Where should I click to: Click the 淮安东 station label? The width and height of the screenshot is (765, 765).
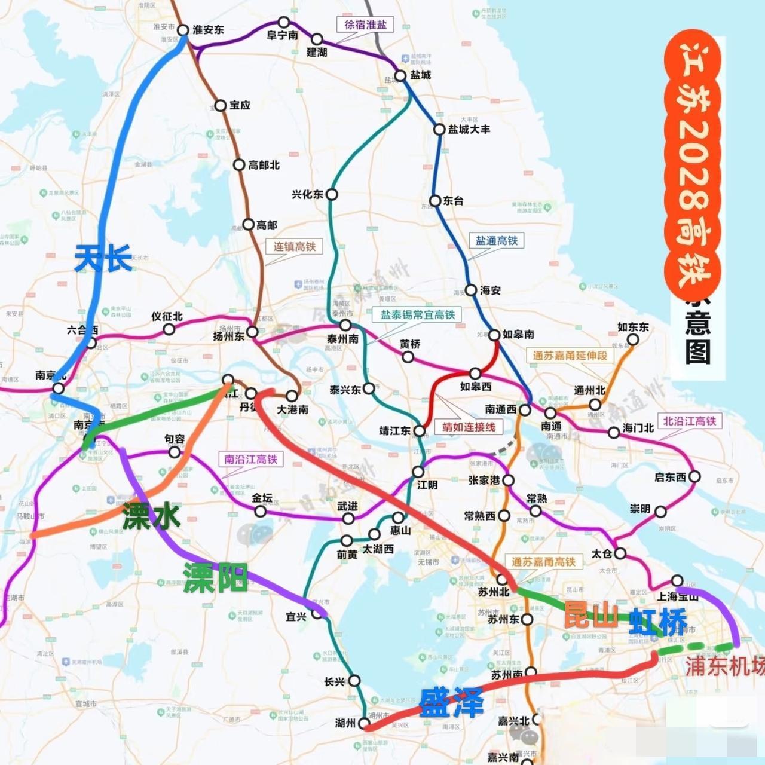(x=208, y=30)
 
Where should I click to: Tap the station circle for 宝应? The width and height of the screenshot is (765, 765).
(x=221, y=106)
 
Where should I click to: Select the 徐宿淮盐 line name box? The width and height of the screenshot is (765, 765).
(x=365, y=25)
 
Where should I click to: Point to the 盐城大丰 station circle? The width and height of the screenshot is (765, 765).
(x=439, y=129)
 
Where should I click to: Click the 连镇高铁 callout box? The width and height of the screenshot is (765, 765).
(x=294, y=246)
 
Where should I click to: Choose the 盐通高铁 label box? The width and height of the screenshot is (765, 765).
(x=496, y=241)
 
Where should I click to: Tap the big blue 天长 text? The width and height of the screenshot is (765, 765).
(x=103, y=259)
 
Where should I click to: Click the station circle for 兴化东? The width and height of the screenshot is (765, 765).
(x=332, y=194)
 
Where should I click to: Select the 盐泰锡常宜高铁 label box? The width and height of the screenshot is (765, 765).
(x=418, y=314)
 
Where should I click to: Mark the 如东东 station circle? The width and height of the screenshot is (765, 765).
(x=632, y=339)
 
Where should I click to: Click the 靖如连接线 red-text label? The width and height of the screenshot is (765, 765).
(x=469, y=427)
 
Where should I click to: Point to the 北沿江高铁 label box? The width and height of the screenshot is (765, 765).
(x=689, y=421)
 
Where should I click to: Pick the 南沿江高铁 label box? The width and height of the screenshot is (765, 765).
(x=251, y=459)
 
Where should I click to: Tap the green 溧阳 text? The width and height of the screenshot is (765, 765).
(x=215, y=577)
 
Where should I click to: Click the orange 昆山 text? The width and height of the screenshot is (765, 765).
(x=591, y=614)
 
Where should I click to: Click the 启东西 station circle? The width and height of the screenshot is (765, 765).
(x=694, y=477)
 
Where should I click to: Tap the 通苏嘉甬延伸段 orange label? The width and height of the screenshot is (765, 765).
(x=570, y=355)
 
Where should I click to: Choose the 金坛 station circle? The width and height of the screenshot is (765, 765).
(x=260, y=511)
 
